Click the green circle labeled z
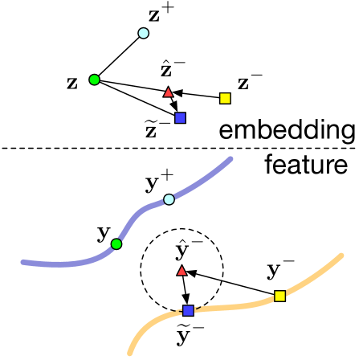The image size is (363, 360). [94, 79]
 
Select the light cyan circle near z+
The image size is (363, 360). [144, 33]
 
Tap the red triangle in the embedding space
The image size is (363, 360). [168, 92]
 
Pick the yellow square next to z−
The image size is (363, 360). [226, 98]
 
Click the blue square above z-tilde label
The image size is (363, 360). [180, 117]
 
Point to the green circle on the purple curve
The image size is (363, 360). [116, 243]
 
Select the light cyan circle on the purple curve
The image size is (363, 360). [169, 198]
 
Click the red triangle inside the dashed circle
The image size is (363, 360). [181, 272]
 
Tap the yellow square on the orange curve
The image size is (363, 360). [279, 296]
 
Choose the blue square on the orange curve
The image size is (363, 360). [187, 310]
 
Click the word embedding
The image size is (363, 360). [287, 130]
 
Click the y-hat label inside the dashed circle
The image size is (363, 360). [185, 252]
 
